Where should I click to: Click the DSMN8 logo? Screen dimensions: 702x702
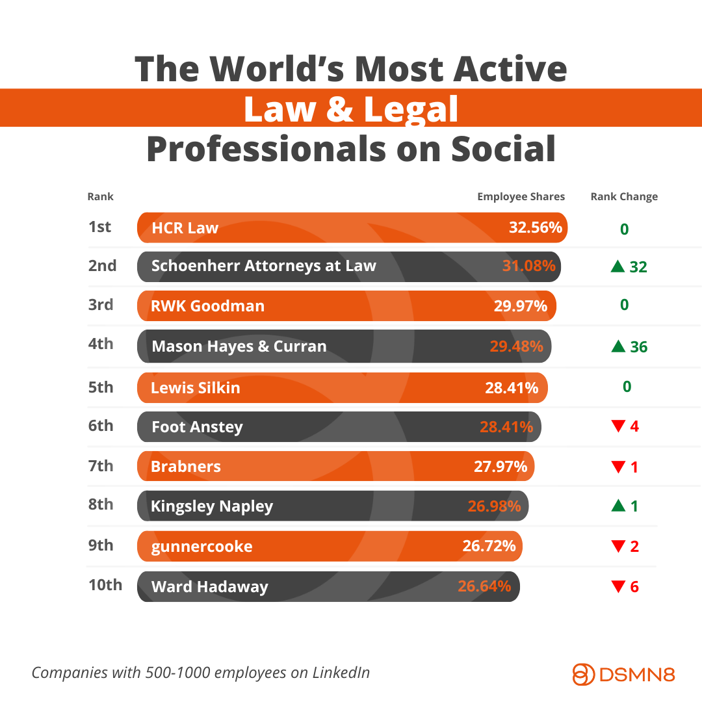tap(623, 673)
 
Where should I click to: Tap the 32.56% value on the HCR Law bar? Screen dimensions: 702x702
tap(535, 227)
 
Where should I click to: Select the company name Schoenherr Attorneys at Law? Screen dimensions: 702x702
tap(263, 265)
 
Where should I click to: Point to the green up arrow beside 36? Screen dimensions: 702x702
tap(618, 346)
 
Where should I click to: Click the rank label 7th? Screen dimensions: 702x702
tap(101, 465)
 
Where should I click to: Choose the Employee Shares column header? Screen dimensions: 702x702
tap(521, 196)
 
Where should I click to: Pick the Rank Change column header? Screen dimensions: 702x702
tap(624, 196)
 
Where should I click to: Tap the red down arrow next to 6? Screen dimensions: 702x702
tap(618, 587)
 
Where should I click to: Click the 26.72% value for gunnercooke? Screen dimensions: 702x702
tap(489, 545)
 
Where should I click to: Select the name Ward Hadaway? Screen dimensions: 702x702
tap(209, 587)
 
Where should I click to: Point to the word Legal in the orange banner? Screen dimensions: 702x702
tap(411, 109)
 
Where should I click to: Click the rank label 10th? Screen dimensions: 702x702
tap(105, 584)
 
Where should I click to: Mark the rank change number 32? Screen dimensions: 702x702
tap(638, 266)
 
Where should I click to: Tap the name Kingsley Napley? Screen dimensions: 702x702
tap(212, 506)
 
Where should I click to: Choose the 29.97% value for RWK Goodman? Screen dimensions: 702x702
tap(520, 305)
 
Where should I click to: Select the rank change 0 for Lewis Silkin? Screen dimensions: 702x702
tap(627, 387)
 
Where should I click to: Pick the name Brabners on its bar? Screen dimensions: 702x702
tap(186, 466)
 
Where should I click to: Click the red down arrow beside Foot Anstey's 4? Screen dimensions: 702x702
tap(618, 427)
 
